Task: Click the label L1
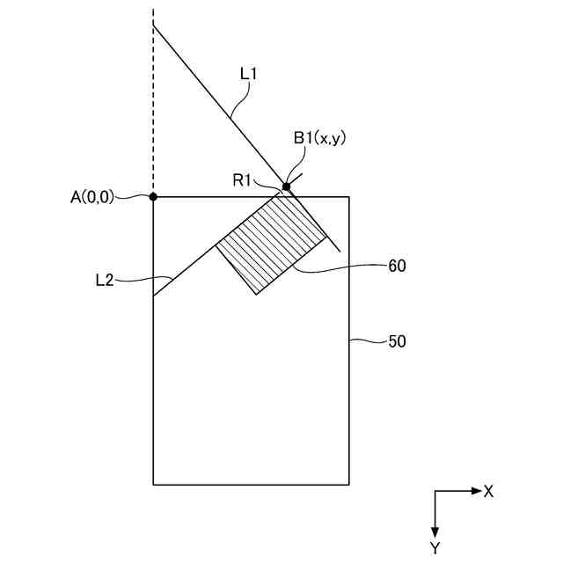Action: point(247,77)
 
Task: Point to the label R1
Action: point(243,180)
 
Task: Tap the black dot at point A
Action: point(153,197)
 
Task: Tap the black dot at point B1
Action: point(287,186)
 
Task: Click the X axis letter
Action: point(488,491)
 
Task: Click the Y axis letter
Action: point(435,548)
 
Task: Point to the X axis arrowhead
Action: point(476,491)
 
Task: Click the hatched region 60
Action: point(268,242)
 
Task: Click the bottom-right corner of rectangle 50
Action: point(350,484)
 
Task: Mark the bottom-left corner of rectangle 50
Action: point(153,484)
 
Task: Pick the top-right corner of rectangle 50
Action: point(350,197)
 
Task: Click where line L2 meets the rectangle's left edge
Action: point(153,296)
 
